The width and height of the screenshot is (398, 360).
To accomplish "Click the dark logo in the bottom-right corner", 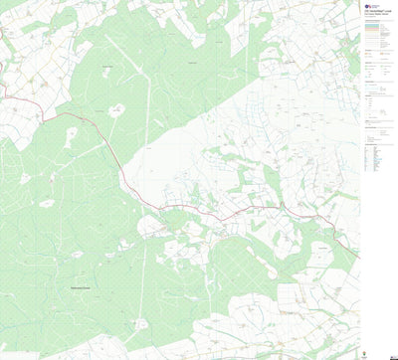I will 372,351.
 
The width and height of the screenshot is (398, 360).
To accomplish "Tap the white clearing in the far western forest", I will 47,203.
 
